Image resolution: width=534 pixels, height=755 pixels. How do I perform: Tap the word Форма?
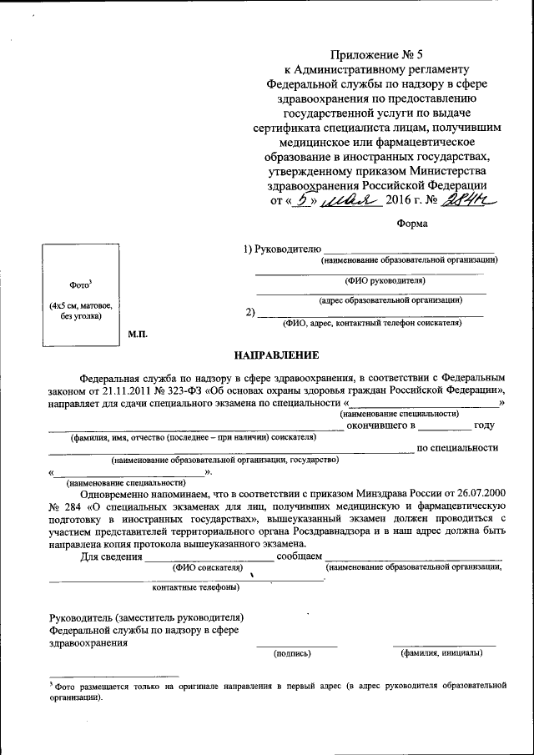411,223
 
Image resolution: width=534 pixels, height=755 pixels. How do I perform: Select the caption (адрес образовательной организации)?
390,299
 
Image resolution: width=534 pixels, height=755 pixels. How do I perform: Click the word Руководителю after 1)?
289,249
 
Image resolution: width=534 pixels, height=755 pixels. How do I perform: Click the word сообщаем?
299,556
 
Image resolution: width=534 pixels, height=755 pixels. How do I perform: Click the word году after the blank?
485,425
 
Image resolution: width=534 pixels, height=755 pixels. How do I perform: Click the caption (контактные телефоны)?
196,586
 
